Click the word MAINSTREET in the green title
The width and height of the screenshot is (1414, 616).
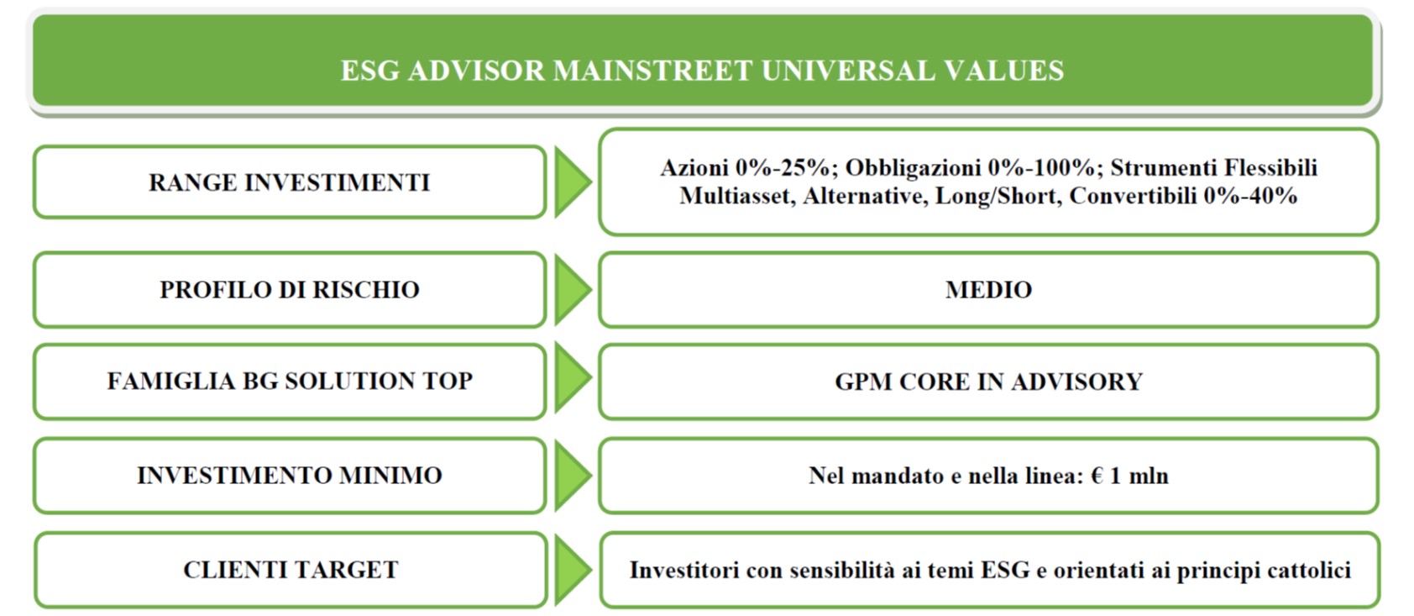(x=652, y=70)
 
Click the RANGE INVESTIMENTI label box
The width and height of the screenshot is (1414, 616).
(x=290, y=182)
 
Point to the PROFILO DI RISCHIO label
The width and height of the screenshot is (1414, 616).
(x=290, y=290)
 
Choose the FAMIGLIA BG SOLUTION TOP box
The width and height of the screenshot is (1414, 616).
(x=290, y=382)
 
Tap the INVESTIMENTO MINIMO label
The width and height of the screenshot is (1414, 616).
(x=290, y=476)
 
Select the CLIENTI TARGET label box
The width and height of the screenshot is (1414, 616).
(x=291, y=570)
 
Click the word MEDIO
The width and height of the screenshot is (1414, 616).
(x=988, y=290)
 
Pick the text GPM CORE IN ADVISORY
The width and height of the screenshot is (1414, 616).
(x=988, y=382)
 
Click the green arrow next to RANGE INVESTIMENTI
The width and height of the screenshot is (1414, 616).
(x=573, y=182)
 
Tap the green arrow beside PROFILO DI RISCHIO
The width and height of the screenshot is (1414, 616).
(x=573, y=289)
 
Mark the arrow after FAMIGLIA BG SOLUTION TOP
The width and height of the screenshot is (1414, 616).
(x=573, y=377)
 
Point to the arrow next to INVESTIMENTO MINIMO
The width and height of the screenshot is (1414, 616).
(x=573, y=475)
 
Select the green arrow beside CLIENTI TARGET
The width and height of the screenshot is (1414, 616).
(x=573, y=569)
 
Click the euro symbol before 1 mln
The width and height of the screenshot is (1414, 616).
(x=1097, y=476)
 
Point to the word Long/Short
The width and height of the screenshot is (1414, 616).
(x=996, y=197)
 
